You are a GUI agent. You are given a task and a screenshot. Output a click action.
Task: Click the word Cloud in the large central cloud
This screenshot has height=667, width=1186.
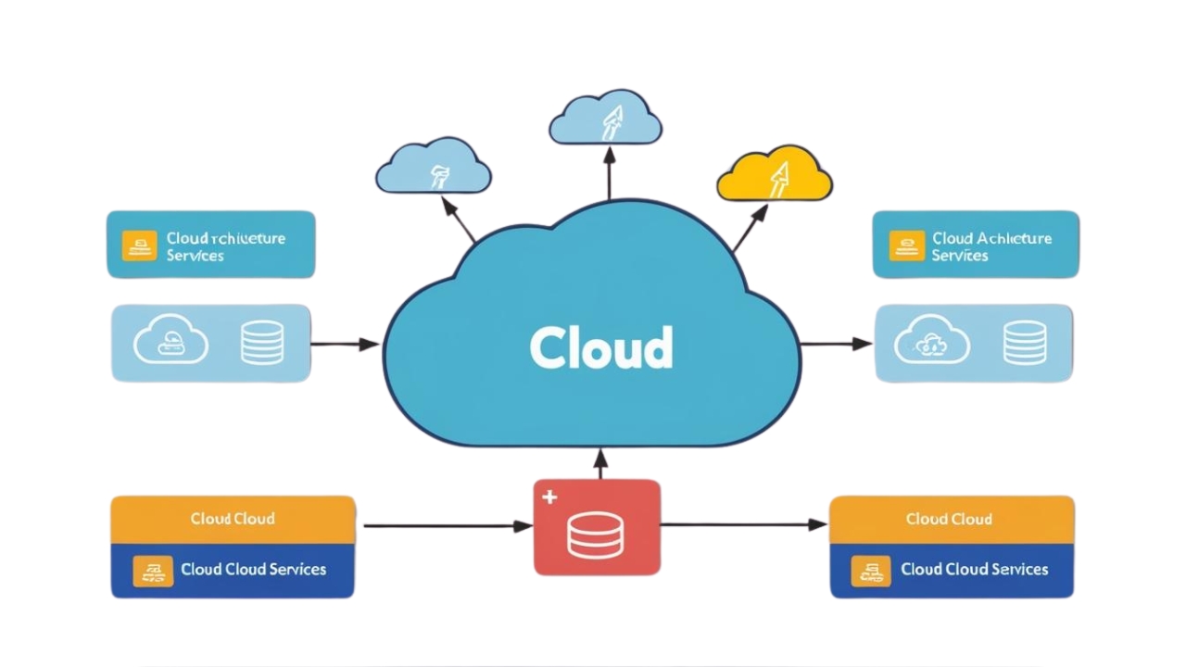(600, 347)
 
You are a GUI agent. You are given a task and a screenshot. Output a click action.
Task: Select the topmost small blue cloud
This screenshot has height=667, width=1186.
(605, 119)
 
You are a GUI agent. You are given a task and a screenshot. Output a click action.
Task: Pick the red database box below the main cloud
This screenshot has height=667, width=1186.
(597, 527)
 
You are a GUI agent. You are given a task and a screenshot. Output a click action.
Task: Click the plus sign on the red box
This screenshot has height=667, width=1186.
(549, 497)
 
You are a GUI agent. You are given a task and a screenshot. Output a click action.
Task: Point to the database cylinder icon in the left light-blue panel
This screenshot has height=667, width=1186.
(261, 343)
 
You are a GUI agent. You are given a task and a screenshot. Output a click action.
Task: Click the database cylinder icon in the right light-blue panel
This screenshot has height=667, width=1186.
(1024, 343)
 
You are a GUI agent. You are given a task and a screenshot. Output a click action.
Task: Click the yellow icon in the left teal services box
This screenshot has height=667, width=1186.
(139, 245)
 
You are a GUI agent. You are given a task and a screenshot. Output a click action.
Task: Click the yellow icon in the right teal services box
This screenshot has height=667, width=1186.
(906, 245)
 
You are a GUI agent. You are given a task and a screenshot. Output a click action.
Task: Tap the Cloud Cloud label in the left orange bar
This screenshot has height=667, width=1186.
(233, 519)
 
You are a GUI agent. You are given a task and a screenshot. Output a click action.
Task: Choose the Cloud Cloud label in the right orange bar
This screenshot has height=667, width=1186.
(949, 519)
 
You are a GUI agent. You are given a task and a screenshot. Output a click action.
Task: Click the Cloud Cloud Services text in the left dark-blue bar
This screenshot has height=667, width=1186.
(253, 569)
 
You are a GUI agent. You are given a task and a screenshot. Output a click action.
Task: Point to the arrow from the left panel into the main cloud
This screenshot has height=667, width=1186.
(345, 345)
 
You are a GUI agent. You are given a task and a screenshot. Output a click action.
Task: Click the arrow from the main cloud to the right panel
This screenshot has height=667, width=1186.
(836, 345)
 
